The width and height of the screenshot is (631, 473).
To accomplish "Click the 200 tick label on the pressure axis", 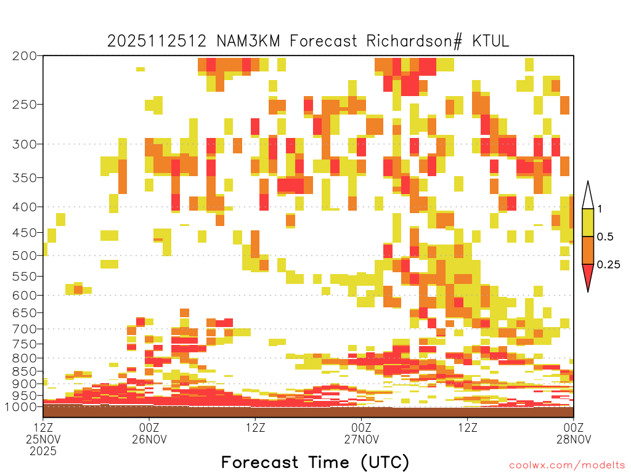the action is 25,56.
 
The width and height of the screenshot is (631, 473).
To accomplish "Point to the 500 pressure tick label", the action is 25,256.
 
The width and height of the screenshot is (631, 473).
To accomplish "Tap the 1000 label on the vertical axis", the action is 21,407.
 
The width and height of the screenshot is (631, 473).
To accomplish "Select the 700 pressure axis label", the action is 25,329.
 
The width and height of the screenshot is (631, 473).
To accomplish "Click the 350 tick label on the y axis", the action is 25,178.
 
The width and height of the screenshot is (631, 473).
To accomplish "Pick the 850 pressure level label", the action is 25,371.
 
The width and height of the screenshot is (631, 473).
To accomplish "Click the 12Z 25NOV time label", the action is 43,433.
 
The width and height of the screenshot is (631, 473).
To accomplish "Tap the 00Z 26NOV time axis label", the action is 149,433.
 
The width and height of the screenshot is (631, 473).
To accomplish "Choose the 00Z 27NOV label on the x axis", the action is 361,433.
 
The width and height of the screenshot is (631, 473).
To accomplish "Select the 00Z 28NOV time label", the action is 574,433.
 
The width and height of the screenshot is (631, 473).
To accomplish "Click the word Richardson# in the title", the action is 415,41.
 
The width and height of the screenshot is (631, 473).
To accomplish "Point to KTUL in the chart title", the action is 491,41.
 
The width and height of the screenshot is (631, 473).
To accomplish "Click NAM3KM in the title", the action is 248,41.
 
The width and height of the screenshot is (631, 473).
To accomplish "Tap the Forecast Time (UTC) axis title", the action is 315,463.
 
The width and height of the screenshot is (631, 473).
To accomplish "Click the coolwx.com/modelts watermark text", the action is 567,466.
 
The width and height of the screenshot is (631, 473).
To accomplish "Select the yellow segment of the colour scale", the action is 588,222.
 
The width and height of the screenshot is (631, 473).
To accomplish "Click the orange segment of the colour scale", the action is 588,250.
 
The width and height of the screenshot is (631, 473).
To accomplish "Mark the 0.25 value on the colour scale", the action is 608,265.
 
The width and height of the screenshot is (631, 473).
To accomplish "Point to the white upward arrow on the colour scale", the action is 588,195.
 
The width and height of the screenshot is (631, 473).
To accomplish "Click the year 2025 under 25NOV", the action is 43,451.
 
